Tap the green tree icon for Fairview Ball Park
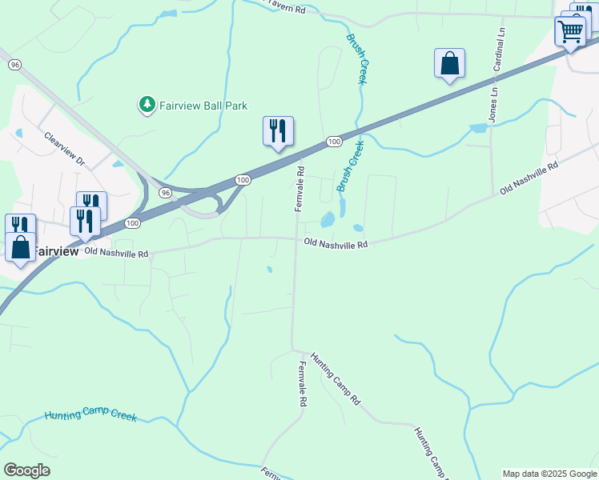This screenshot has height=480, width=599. [147, 105]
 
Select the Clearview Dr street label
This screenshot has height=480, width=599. [65, 150]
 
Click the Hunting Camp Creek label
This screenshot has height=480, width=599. [90, 416]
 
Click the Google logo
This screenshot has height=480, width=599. [26, 470]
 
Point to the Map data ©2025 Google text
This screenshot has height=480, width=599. [549, 474]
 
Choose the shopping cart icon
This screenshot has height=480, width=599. [570, 32]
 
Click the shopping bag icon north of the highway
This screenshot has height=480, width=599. [449, 63]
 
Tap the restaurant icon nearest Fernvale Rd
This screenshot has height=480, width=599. [278, 130]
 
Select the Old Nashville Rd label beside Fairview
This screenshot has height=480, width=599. [116, 254]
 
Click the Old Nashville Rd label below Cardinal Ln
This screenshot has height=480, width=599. [528, 178]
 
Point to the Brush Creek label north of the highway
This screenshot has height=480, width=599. [357, 58]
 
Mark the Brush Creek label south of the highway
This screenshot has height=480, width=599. [351, 166]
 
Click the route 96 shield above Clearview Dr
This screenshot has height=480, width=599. [14, 64]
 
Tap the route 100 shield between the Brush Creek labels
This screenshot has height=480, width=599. [334, 142]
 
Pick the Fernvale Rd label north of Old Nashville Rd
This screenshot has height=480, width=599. [300, 189]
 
